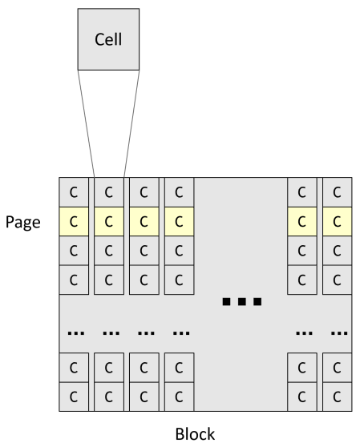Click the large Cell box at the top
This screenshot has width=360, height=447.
[x=108, y=39]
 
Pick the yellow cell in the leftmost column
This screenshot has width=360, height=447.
[x=74, y=220]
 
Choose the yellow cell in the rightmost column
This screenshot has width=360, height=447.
[x=337, y=220]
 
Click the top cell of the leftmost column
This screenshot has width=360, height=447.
[x=74, y=192]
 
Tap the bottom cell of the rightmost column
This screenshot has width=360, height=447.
[x=337, y=396]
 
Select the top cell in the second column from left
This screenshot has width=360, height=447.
[x=109, y=192]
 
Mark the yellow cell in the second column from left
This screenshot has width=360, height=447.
[x=109, y=220]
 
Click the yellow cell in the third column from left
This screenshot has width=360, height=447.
[x=144, y=220]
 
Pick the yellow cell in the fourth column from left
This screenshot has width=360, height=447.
[x=178, y=220]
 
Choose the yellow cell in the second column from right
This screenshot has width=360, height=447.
[x=301, y=220]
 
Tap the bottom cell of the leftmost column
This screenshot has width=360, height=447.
[x=74, y=396]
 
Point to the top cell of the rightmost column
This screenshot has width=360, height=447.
[x=337, y=192]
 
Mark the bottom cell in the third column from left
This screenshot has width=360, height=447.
[x=144, y=396]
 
